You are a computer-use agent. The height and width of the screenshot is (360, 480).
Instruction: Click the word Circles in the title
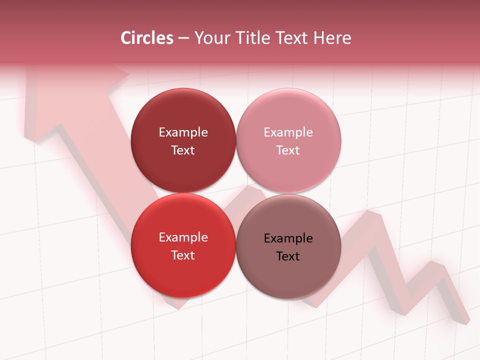point(146,38)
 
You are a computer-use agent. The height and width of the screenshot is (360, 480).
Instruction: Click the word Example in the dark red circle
point(183,132)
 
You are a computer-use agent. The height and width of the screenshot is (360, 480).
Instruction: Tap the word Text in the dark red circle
point(183,150)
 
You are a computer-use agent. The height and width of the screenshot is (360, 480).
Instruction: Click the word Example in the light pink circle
point(288,132)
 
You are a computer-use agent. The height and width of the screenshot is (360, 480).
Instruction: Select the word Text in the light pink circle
point(288,150)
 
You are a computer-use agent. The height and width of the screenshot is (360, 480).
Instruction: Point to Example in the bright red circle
point(183,237)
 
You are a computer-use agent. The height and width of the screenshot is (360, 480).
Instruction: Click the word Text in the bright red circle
point(183,255)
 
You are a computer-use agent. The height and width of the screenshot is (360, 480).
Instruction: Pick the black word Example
point(288,238)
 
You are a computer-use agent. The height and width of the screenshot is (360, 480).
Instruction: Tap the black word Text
point(288,256)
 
